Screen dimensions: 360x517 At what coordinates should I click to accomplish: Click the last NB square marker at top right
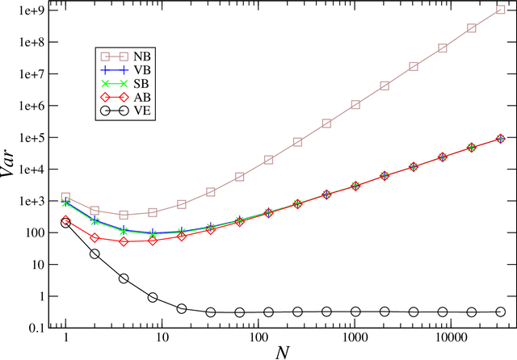coord(501,9)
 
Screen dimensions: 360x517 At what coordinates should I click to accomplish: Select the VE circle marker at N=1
coord(65,223)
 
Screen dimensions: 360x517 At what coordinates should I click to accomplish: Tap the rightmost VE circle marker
coord(501,312)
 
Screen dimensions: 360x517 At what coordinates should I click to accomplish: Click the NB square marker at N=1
coord(65,197)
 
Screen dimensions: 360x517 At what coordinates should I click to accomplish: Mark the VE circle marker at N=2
coord(95,253)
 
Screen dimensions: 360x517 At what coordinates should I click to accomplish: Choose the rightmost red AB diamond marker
coord(501,139)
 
